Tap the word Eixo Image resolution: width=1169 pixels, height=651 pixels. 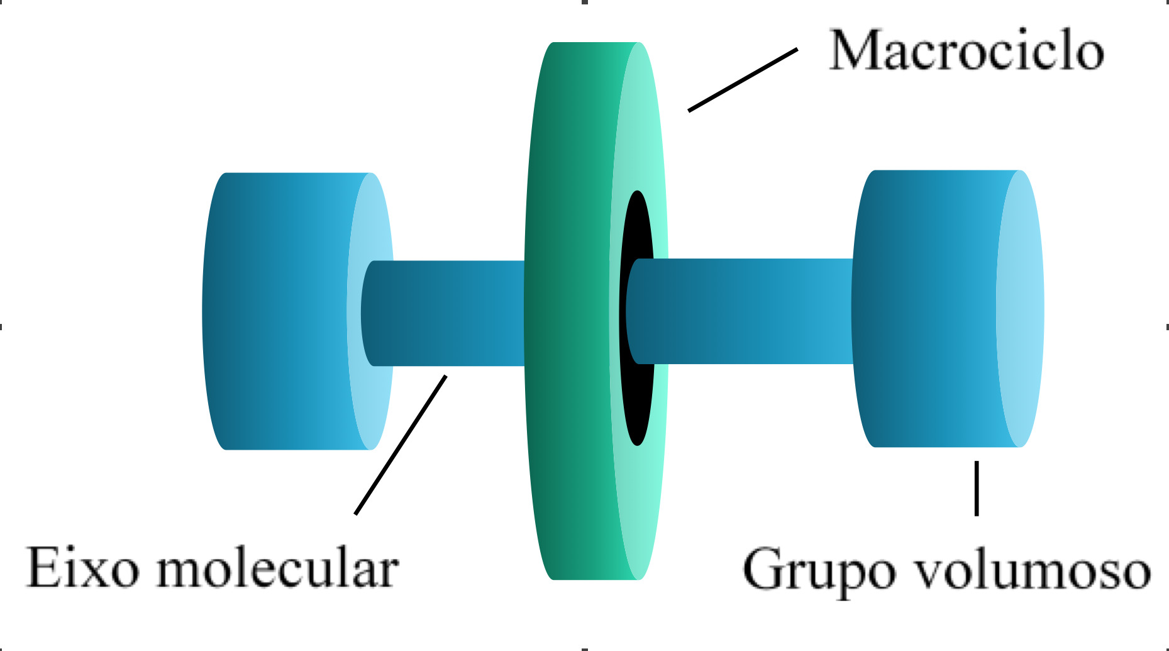pyautogui.click(x=82, y=567)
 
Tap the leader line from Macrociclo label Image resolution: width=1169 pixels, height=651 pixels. pyautogui.click(x=743, y=80)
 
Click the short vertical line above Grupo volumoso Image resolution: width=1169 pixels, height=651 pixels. pyautogui.click(x=977, y=488)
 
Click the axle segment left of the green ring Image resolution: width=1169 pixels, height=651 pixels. pyautogui.click(x=446, y=313)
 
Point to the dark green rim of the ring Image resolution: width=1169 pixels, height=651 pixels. pyautogui.click(x=566, y=311)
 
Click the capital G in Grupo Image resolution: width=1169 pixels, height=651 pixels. pyautogui.click(x=764, y=569)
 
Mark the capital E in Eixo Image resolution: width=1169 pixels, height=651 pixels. pyautogui.click(x=43, y=567)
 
